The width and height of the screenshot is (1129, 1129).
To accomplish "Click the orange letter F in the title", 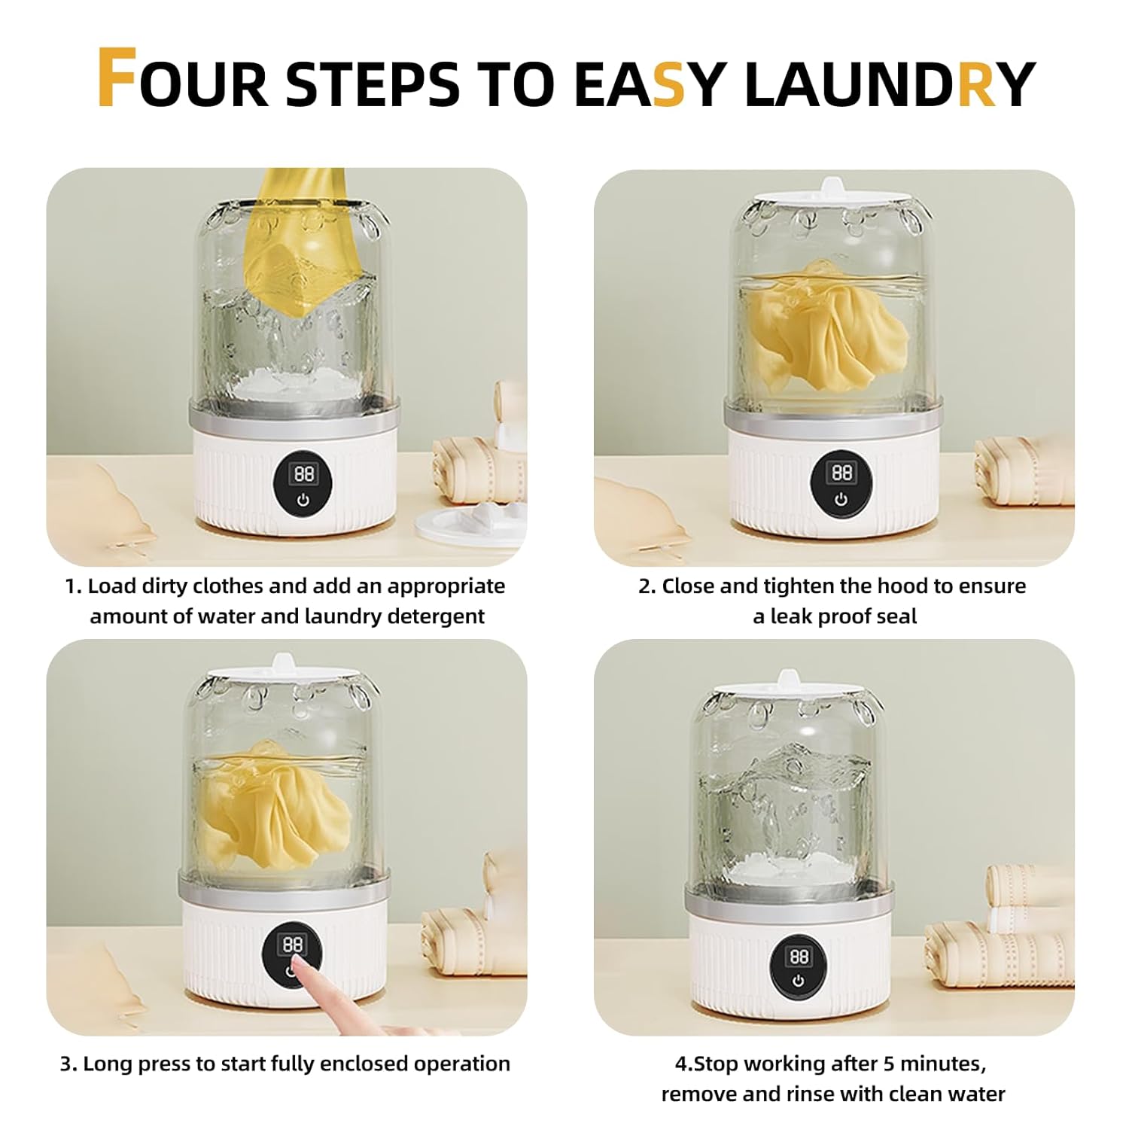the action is [117, 78].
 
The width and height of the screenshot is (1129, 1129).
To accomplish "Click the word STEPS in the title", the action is [373, 84].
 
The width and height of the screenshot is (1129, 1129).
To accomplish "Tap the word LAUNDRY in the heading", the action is [889, 84].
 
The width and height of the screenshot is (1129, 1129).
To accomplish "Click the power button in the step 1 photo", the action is [303, 499].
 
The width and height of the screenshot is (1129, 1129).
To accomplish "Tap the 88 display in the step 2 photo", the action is [841, 472].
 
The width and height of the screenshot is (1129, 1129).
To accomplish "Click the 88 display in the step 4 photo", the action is [799, 956].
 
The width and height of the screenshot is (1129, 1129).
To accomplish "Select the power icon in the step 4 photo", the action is [798, 981].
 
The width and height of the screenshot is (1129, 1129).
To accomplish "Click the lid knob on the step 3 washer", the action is [283, 663].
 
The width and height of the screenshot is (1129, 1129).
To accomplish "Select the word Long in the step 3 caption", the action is [106, 1064].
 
